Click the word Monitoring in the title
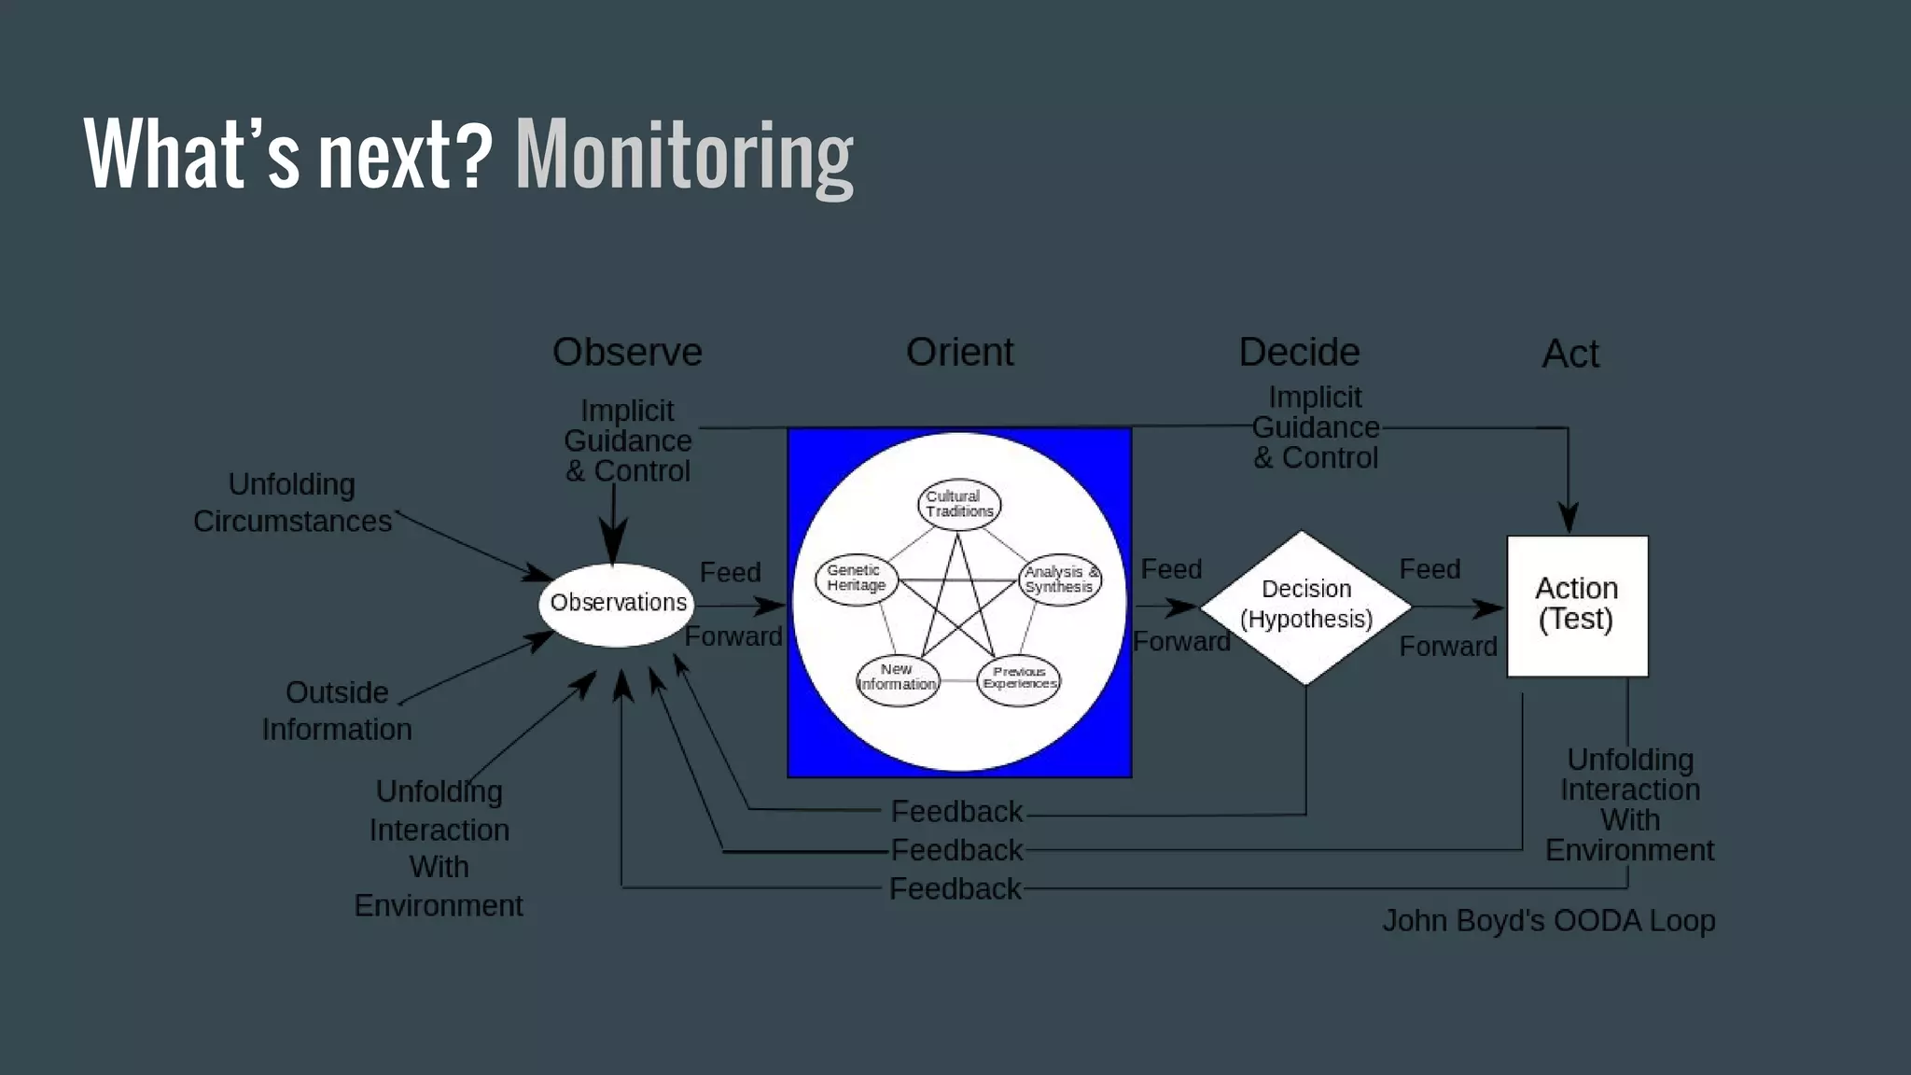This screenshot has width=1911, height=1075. coord(684,156)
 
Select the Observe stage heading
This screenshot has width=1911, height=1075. coord(627,353)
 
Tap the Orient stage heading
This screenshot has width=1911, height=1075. coord(959,353)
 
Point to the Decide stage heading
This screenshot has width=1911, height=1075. coord(1299,353)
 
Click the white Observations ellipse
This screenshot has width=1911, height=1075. coord(617,604)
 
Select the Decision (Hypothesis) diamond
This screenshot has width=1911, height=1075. coord(1305,606)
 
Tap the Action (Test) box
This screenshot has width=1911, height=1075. coord(1577,605)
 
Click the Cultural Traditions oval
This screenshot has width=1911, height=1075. coord(959,504)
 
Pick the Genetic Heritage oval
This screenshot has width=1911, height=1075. coord(856,579)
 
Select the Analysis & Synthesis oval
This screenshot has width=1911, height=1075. coord(1060,579)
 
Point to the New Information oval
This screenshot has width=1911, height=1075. coord(897,677)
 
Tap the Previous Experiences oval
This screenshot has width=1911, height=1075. coord(1019,678)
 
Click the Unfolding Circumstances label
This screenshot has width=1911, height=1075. coord(292,503)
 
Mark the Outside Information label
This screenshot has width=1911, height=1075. coord(336,710)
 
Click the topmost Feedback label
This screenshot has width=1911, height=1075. coord(956,812)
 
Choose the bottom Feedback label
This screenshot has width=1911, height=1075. coord(955,888)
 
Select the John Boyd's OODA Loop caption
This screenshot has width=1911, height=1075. coord(1548,921)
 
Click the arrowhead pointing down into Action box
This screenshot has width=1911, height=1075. coord(1569,519)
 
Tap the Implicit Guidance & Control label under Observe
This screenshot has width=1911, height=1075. coord(627,440)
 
